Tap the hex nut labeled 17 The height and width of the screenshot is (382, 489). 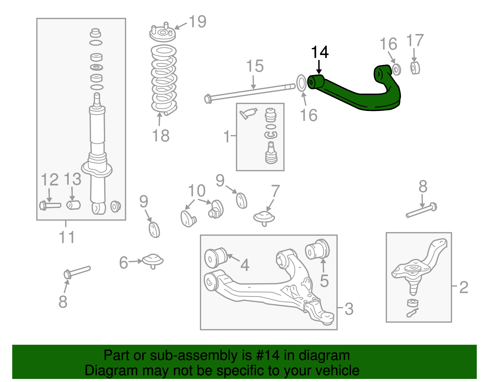click(x=414, y=68)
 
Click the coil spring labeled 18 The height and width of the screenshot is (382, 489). click(x=164, y=80)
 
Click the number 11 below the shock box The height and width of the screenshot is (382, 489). click(x=67, y=237)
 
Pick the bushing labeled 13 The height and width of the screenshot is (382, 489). click(x=73, y=205)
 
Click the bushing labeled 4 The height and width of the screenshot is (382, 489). click(x=215, y=258)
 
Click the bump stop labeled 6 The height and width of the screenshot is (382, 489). click(x=153, y=261)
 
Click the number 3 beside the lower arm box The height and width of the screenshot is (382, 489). click(x=349, y=309)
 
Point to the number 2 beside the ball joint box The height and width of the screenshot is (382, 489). click(x=463, y=287)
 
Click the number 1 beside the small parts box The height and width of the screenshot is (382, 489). click(x=226, y=136)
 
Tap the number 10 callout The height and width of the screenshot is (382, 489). click(x=197, y=191)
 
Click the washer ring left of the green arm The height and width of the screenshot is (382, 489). click(x=301, y=83)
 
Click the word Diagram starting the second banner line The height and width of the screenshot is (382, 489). click(x=103, y=370)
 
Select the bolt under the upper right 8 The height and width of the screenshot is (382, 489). click(x=421, y=211)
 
